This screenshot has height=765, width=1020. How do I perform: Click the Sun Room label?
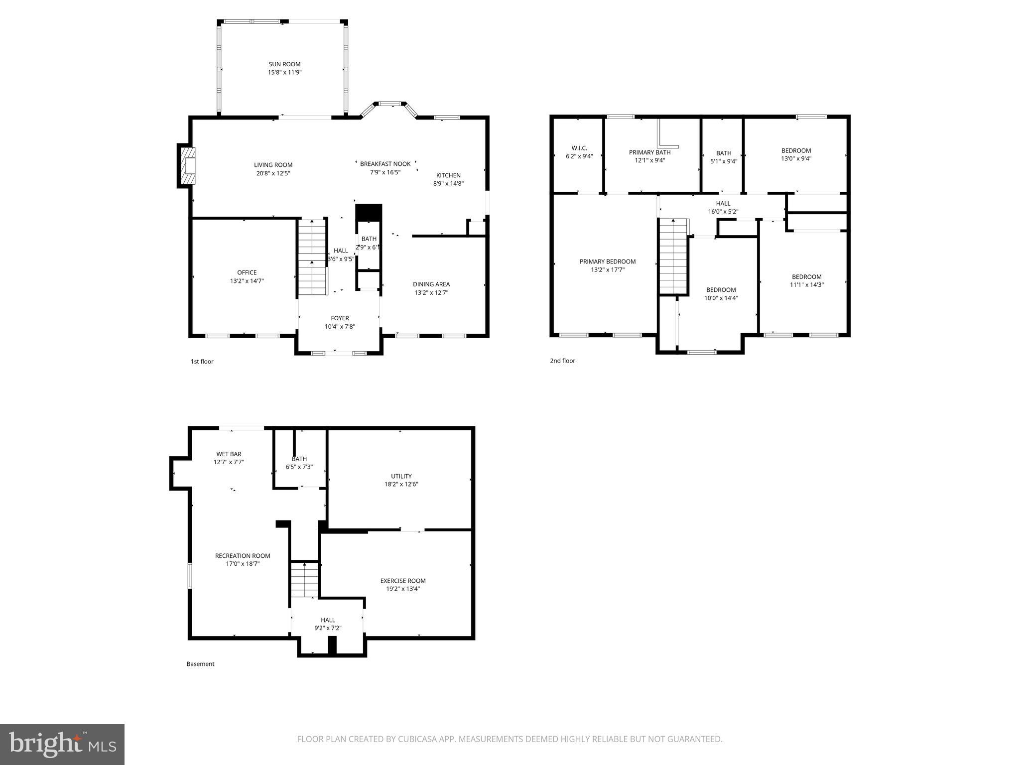(284, 64)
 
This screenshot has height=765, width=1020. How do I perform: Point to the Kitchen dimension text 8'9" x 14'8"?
(448, 183)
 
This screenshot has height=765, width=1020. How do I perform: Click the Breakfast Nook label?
(385, 164)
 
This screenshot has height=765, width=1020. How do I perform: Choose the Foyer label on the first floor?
(340, 318)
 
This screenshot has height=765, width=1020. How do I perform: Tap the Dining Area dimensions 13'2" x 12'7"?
(431, 293)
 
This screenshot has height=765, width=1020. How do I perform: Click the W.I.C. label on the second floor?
(579, 148)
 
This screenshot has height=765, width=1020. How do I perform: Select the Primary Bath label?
(649, 152)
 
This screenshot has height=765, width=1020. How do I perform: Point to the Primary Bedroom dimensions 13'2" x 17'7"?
(608, 270)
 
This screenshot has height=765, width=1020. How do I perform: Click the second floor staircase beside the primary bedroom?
(673, 257)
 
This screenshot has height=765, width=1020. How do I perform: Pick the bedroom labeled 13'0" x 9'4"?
(796, 154)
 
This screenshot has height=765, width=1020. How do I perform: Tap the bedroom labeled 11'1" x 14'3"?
(806, 281)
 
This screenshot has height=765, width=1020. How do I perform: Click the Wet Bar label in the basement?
(229, 454)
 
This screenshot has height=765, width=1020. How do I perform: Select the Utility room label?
(401, 476)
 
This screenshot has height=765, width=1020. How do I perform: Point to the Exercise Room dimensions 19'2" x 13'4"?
(402, 589)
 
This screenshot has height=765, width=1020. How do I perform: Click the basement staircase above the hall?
(304, 580)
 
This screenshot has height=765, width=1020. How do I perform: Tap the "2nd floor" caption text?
(562, 361)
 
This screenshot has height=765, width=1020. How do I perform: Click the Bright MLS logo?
(62, 745)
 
